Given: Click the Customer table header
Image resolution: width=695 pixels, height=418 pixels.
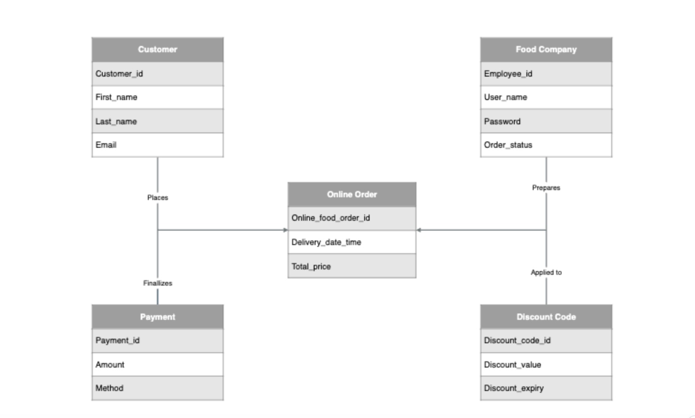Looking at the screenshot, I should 157,50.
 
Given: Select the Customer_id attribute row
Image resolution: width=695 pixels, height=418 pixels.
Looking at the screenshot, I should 157,74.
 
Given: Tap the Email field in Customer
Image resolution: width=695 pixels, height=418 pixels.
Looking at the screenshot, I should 157,145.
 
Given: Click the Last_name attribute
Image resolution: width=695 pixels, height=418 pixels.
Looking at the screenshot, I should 157,121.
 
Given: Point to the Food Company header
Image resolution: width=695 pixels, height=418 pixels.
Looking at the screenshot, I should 546,50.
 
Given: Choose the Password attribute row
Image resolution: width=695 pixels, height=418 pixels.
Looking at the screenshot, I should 546,121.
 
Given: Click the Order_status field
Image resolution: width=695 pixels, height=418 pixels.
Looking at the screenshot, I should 546,145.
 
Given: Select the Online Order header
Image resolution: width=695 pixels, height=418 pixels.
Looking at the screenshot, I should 352,195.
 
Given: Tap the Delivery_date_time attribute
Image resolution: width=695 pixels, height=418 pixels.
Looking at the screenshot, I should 352,242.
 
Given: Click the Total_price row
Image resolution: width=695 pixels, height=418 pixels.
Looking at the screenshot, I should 352,266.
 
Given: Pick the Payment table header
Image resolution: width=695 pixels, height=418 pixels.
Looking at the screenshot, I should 157,317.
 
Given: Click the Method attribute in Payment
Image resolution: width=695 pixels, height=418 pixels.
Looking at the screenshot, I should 157,388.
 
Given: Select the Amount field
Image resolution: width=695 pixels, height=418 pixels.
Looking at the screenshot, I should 157,364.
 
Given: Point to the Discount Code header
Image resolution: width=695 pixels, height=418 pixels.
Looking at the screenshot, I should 546,317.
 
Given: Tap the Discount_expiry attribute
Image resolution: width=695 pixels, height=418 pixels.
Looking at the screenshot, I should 546,388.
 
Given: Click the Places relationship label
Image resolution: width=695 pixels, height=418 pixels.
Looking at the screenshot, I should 157,197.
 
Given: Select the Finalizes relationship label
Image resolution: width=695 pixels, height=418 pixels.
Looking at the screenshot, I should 157,283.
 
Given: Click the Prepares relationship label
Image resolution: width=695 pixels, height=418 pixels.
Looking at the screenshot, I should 546,187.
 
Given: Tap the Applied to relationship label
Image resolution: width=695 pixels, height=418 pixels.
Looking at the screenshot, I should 546,272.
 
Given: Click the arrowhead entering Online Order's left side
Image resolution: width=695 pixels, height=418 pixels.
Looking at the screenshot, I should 285,230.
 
